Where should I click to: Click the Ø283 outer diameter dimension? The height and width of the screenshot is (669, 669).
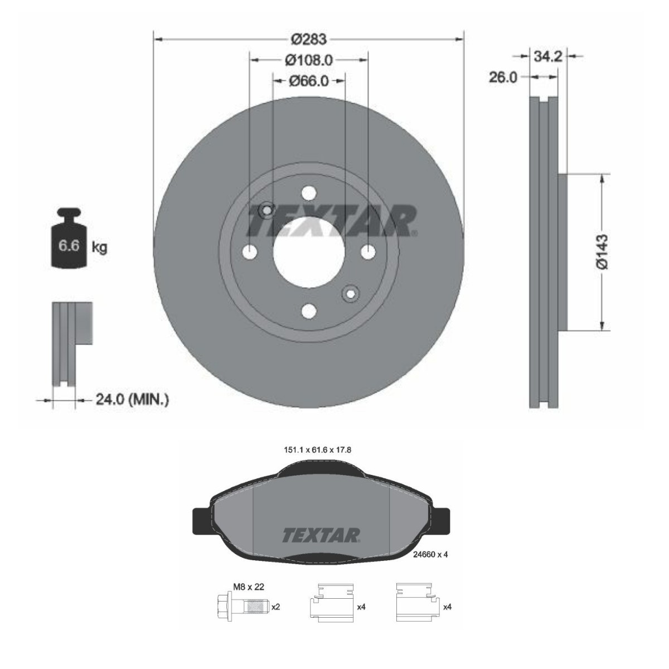308,39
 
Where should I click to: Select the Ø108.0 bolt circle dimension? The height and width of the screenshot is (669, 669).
308,59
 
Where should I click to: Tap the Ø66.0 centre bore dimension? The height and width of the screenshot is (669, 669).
308,81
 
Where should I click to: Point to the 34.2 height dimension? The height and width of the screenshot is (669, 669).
547,56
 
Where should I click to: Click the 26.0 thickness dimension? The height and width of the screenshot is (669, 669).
503,77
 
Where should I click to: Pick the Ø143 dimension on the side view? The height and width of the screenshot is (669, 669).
602,252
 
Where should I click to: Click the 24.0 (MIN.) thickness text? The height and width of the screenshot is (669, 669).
124,399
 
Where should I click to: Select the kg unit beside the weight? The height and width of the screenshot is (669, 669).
99,247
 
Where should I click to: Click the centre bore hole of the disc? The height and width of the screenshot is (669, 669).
308,252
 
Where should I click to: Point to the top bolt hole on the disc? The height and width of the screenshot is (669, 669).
308,193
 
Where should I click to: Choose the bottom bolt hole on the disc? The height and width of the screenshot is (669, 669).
308,311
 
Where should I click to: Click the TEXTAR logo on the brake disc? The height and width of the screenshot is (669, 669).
332,220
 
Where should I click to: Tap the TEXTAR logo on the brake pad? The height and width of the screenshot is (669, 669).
321,535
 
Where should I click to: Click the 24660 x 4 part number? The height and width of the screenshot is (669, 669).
431,554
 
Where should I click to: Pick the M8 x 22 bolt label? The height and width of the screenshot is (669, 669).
248,587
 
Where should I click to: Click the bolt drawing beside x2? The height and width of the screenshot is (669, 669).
241,606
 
